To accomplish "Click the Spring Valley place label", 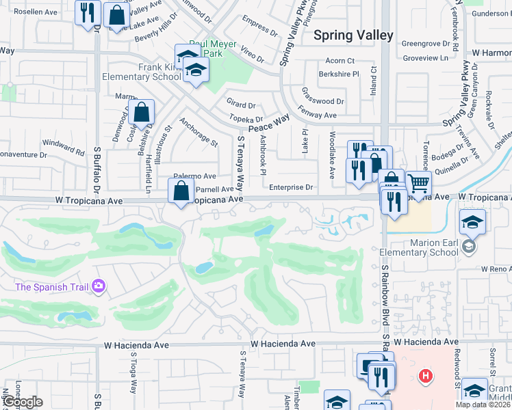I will [x=353, y=36].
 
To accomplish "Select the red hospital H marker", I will [x=426, y=375].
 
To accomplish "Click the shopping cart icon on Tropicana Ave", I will [x=418, y=182].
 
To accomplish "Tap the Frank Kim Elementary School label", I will [x=140, y=72].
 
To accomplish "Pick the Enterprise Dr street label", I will [x=291, y=187].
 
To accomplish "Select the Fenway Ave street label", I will [x=320, y=115].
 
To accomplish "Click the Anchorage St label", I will [x=198, y=133].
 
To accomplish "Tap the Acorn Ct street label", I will [x=340, y=61].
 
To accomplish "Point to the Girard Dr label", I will [x=241, y=105].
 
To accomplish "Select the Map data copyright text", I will [x=482, y=405].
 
